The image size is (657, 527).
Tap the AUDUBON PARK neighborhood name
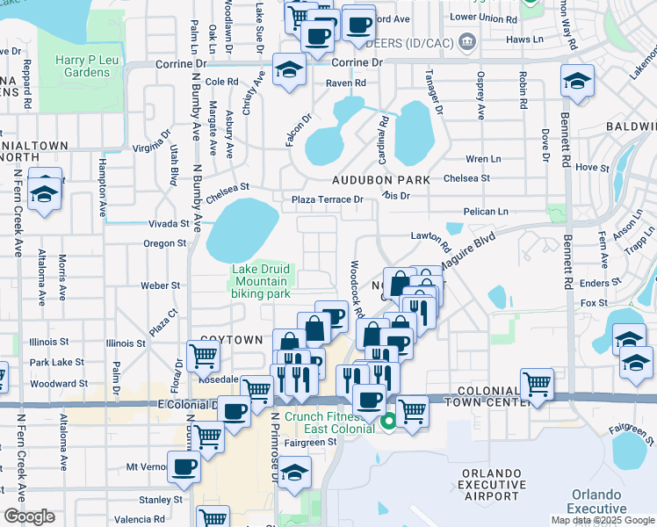[x=380, y=180]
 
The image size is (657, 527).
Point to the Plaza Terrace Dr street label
[x=328, y=200]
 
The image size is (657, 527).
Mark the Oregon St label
[x=164, y=243]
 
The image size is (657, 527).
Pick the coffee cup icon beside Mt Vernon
[x=184, y=468]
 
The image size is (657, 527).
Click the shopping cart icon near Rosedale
[x=203, y=356]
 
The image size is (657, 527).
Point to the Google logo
[x=29, y=516]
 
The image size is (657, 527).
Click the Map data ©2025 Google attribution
[x=602, y=520]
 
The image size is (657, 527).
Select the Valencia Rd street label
[x=141, y=520]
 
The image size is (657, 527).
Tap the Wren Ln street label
[x=483, y=159]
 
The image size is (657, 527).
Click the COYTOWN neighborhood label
[x=231, y=339]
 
